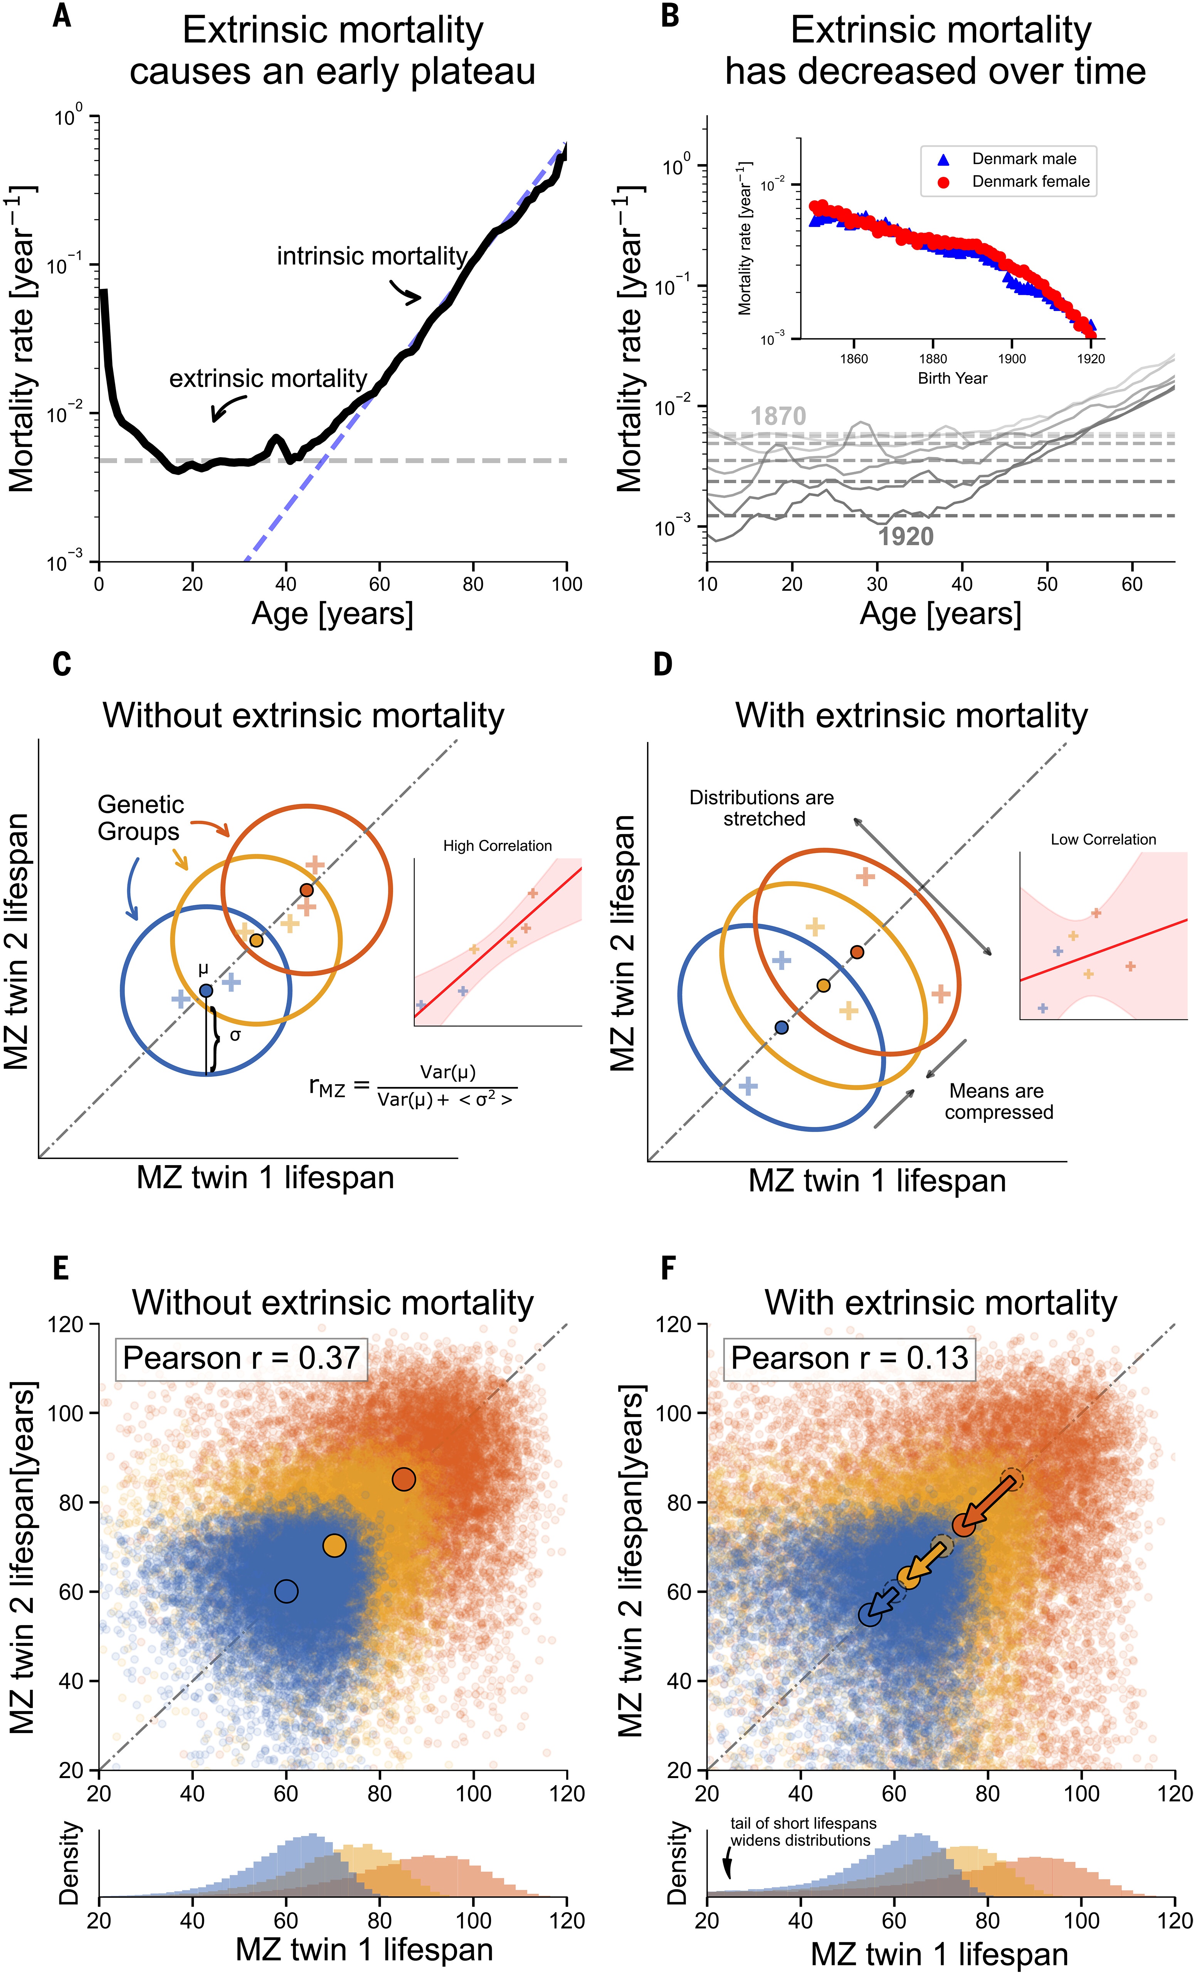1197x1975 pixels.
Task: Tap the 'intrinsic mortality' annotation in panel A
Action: tap(372, 257)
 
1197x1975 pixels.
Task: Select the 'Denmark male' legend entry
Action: tap(1023, 159)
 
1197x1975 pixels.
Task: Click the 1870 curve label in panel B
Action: tap(778, 416)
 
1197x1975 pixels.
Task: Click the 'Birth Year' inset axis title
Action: tap(952, 378)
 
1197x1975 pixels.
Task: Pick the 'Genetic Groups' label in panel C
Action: tap(140, 818)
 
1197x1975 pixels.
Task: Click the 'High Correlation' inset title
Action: tap(497, 846)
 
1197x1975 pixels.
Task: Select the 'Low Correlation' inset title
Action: tap(1103, 839)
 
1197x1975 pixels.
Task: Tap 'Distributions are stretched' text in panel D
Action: tap(762, 808)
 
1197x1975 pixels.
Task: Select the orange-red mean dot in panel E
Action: tap(404, 1479)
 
